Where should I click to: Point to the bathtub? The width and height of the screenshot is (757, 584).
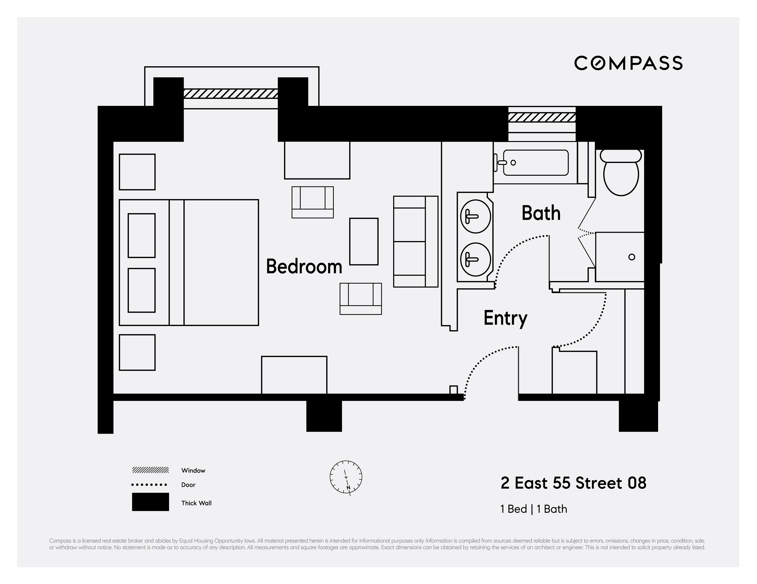pos(536,163)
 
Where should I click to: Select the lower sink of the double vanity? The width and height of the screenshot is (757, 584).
pos(475,259)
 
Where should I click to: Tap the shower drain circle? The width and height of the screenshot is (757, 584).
pos(631,257)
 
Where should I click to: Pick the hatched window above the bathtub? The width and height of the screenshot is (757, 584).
pos(542,117)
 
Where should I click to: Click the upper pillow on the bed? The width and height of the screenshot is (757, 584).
pos(141,236)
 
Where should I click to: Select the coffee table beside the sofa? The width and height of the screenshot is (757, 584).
pos(364,242)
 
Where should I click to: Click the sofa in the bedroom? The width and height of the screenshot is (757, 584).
pos(415,242)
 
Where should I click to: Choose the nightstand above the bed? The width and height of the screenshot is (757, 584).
pos(137,172)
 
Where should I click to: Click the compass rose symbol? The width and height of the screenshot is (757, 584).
pos(346,477)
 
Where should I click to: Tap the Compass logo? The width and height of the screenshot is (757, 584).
pos(628,63)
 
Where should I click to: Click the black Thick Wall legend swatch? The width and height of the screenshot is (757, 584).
pos(150,502)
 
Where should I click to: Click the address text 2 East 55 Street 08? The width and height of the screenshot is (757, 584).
pos(573,483)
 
